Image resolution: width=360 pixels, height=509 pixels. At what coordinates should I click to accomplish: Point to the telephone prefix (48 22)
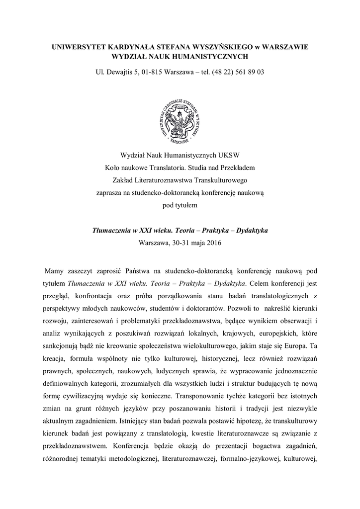point(221,72)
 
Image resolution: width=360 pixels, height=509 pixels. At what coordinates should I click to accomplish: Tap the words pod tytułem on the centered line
point(180,205)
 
